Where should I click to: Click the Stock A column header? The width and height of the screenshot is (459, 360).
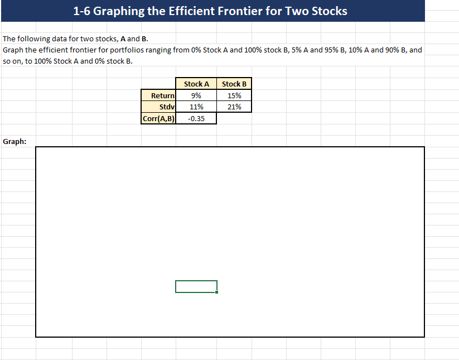196,84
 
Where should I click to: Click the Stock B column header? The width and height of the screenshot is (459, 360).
234,84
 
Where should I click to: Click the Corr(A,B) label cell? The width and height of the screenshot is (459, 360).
159,118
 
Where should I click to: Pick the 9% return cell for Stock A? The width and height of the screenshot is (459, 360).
196,95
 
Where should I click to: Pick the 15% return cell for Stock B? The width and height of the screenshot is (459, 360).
234,95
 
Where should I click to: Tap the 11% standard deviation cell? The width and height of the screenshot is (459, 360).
196,107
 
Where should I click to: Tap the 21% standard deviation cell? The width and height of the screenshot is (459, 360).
234,107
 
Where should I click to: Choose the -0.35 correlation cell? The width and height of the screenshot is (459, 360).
196,118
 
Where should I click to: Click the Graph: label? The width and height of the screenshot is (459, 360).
15,141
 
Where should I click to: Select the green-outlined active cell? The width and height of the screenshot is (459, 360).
196,286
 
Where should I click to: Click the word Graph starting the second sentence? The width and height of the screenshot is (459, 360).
13,50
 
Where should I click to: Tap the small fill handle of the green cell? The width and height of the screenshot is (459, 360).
217,292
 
